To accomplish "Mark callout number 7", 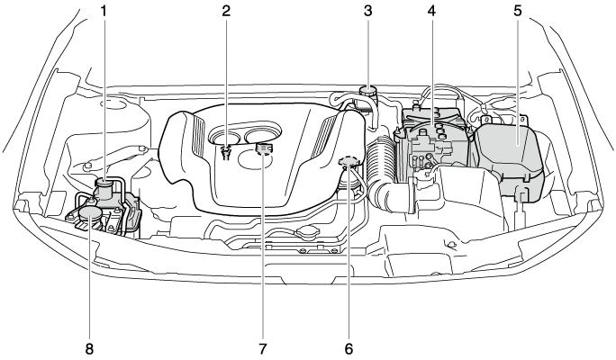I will [263, 346].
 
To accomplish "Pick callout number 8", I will [89, 346].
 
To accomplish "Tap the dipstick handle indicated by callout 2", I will [226, 149].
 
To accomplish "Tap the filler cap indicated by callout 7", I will [263, 149].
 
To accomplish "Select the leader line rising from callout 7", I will [263, 252].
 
